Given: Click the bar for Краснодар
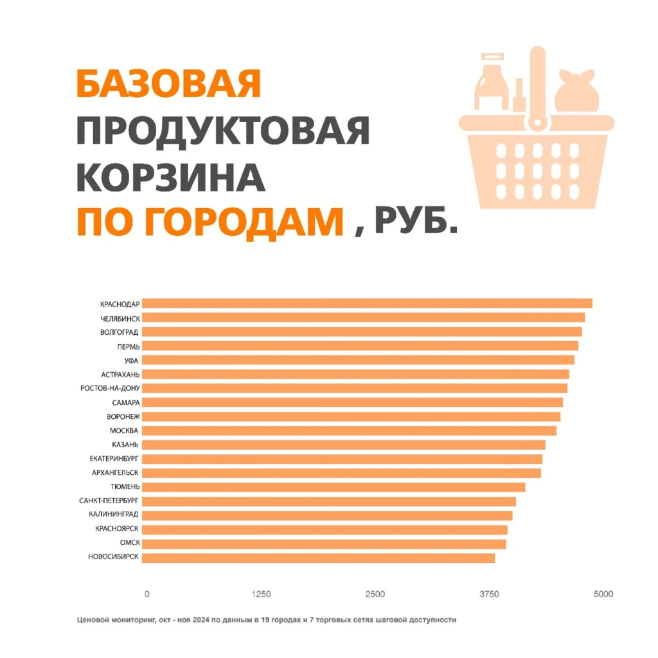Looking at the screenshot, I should pos(366,303).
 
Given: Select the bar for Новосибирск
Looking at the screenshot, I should pos(318,558).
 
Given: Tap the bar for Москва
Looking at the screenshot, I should pos(348,431).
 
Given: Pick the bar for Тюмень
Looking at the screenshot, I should pos(333,487).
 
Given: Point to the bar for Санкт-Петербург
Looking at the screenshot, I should pos(328,501).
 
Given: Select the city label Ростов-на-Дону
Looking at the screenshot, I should pos(110,388).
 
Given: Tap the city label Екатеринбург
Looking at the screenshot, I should pos(114,459).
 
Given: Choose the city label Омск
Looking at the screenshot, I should pos(130,544).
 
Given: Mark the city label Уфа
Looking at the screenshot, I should pos(132,360).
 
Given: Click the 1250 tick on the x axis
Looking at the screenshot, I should pos(261,594).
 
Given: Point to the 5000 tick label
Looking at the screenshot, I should pos(603,594).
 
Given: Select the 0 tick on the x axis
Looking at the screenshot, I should pos(147,594).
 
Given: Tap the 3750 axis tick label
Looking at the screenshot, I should pos(489,594).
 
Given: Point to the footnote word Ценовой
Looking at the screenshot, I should pos(93,620).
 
